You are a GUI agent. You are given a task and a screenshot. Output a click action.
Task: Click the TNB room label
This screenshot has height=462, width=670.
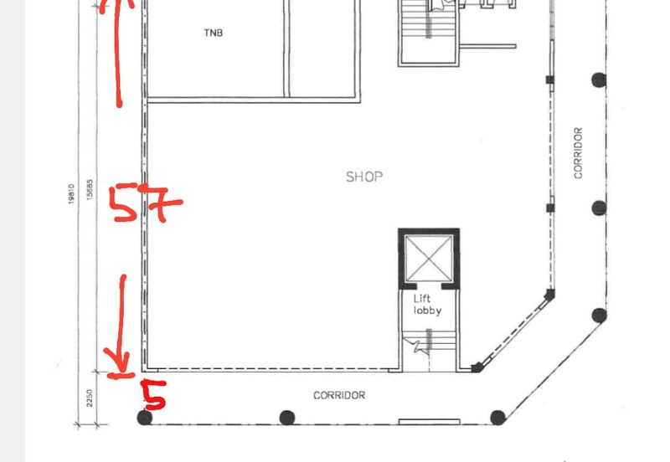coord(214,33)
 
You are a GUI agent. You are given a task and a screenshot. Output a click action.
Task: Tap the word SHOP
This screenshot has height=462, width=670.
coord(364,177)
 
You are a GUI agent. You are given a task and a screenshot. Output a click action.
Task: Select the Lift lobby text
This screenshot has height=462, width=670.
coord(427,305)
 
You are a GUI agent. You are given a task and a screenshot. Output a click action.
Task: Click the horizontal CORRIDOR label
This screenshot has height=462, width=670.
coord(339,395)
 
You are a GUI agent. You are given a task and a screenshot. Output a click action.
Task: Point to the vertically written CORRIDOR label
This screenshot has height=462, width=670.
coord(578,153)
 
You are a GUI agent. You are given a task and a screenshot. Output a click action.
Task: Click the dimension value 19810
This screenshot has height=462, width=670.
coord(71,194)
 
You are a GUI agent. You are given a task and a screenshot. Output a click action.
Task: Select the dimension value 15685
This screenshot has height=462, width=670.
coord(90,189)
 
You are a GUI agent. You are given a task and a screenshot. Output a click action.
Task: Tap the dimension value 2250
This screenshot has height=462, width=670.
coord(90,398)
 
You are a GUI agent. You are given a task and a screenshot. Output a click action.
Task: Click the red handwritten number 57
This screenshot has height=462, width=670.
coord(145,203)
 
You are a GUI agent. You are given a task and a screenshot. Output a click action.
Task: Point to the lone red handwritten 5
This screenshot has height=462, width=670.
coord(154,394)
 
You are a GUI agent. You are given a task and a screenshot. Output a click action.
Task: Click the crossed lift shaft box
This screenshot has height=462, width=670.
coord(429,259)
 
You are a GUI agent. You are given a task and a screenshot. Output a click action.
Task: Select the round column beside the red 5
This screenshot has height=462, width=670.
coord(144,417)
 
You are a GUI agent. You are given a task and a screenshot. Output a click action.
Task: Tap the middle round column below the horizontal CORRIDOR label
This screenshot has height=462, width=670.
coord(286,418)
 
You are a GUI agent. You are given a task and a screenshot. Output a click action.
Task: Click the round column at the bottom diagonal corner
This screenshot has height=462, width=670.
coord(497,417)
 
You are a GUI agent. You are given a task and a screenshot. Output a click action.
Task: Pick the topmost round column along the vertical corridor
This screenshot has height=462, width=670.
coord(599,80)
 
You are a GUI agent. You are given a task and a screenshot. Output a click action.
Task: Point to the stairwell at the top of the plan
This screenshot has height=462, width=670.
coord(429,32)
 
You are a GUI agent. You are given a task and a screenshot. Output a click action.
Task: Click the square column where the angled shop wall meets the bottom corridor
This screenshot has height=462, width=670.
coord(477,367)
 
